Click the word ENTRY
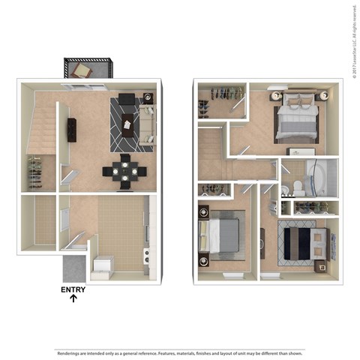click(x=73, y=289)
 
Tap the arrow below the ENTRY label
click(x=73, y=300)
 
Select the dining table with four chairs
click(x=125, y=170)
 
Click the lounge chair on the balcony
click(x=83, y=70)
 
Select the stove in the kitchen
click(x=148, y=259)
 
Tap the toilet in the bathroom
click(x=298, y=186)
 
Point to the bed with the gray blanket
click(x=222, y=234)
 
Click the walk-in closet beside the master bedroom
click(x=221, y=101)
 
